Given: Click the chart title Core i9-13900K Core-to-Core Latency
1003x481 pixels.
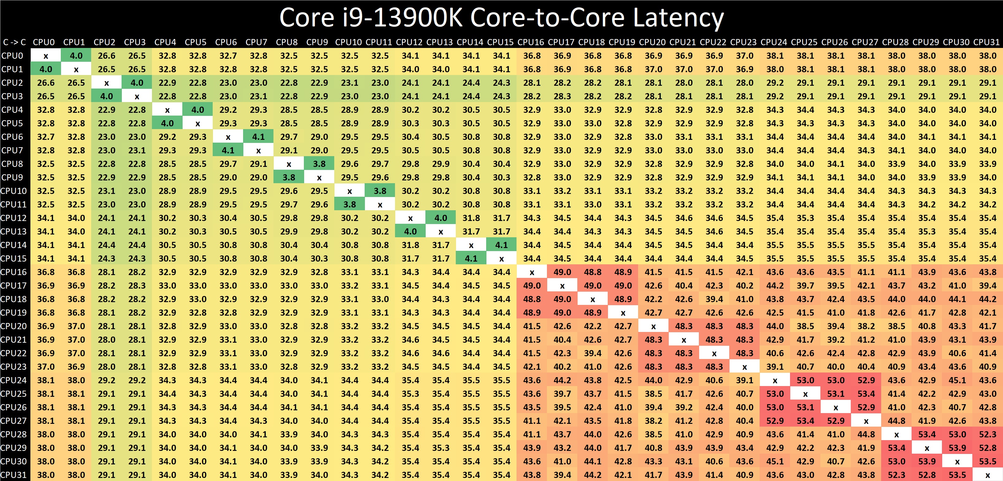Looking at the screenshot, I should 501,18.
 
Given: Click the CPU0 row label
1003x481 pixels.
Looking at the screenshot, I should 13,56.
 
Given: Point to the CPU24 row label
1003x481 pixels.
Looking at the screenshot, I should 14,380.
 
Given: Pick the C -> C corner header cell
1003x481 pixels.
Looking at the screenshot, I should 14,42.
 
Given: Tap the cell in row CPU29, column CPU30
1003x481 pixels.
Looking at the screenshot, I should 957,448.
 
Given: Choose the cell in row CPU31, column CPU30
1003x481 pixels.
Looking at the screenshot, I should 957,475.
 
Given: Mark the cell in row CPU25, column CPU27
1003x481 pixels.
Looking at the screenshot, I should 866,394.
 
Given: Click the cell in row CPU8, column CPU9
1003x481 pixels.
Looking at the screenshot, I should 319,164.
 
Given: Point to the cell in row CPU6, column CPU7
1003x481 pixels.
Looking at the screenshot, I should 258,137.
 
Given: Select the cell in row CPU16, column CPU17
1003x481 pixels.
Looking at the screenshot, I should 562,272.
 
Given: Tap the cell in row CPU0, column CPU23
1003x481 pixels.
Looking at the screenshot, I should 745,56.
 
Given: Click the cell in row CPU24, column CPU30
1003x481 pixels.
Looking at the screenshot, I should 957,380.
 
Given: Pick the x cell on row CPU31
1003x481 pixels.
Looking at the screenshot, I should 987,475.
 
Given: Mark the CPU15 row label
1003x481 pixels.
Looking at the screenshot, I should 14,258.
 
